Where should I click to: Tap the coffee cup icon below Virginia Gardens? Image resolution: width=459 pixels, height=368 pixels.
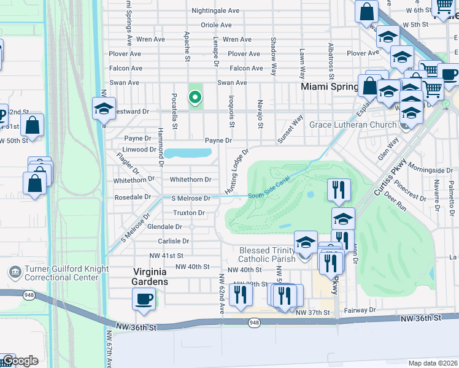(x=144, y=299)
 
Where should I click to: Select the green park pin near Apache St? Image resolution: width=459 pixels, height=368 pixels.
(x=195, y=97)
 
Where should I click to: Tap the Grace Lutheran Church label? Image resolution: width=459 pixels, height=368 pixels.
(x=353, y=125)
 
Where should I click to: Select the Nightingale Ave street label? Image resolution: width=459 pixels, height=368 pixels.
(x=215, y=11)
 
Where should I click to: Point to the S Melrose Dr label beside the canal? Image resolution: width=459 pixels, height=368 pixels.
(x=191, y=198)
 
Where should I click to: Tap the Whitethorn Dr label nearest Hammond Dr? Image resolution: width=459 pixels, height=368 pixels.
(x=134, y=180)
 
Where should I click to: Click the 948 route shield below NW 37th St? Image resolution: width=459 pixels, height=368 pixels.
(x=253, y=322)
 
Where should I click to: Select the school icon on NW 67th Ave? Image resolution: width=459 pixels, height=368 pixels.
(x=104, y=109)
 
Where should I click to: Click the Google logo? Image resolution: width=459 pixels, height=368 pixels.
(x=20, y=361)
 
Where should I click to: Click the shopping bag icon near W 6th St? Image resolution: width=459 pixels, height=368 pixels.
(x=366, y=12)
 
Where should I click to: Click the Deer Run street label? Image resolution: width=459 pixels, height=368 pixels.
(x=393, y=207)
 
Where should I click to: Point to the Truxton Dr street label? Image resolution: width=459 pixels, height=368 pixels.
(x=188, y=213)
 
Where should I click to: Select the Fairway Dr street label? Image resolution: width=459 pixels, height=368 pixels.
(x=360, y=310)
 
